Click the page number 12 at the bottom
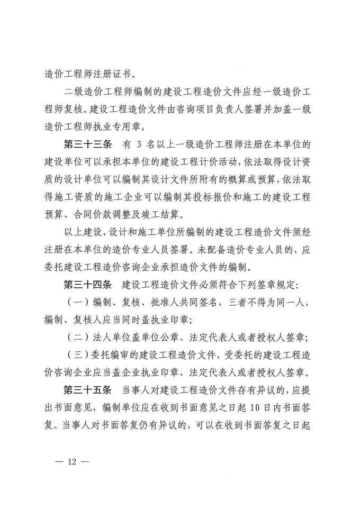73,462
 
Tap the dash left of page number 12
60,462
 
